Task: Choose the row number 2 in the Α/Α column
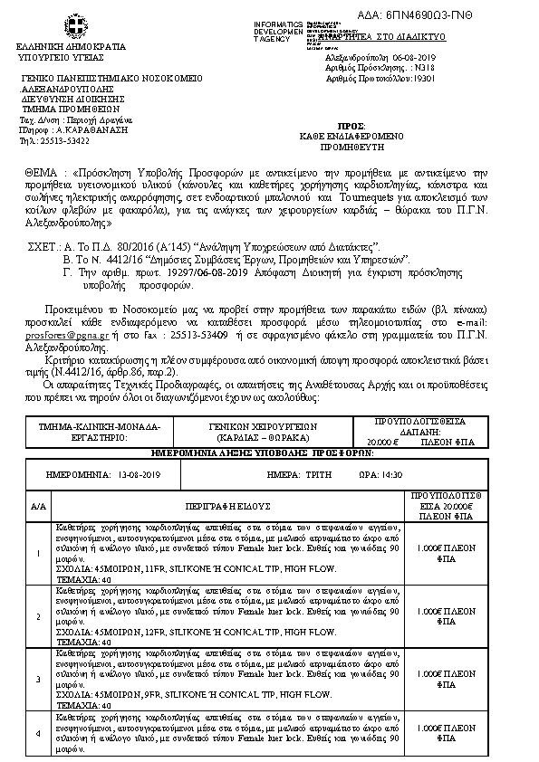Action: coord(37,616)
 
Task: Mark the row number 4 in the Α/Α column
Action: coord(37,732)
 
